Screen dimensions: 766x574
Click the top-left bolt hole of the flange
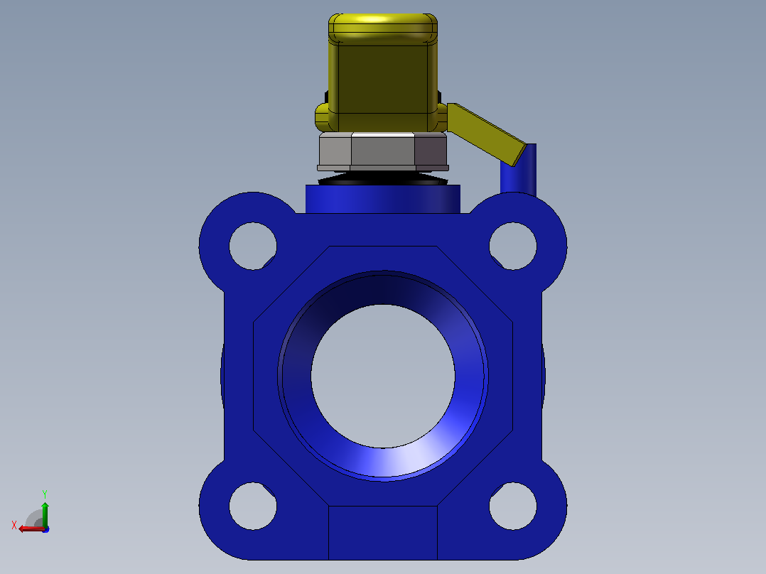[253, 246]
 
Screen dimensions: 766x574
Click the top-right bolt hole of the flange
[513, 246]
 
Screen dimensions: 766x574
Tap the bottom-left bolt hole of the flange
[253, 506]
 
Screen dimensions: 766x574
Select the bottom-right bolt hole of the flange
[513, 506]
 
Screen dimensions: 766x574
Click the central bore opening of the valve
[383, 376]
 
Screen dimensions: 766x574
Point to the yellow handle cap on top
[383, 72]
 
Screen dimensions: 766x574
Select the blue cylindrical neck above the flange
[383, 199]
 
